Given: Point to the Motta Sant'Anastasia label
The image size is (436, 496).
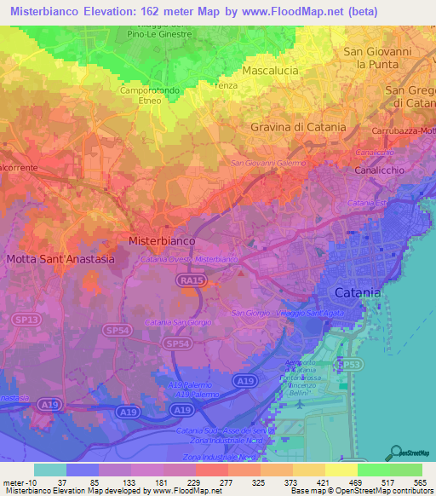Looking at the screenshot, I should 60,259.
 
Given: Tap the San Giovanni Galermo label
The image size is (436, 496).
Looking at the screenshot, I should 268,163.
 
